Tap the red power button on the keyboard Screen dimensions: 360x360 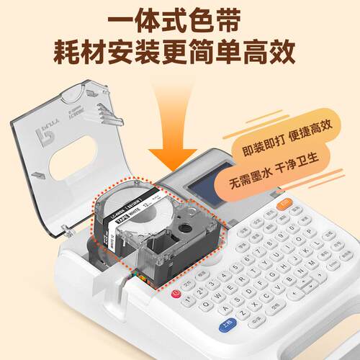176,294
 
